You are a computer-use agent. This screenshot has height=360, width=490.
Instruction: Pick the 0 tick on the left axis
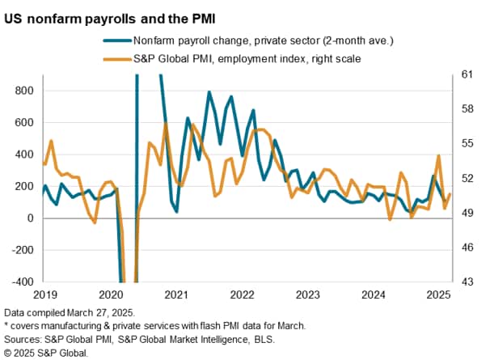pyautogui.click(x=29, y=218)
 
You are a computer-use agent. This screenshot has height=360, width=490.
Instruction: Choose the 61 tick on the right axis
pyautogui.click(x=463, y=74)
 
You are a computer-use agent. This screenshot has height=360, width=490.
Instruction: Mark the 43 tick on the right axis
pyautogui.click(x=463, y=282)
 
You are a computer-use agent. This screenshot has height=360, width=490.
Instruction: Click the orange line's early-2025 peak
pyautogui.click(x=438, y=155)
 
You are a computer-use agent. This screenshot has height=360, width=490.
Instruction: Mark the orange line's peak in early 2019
pyautogui.click(x=51, y=141)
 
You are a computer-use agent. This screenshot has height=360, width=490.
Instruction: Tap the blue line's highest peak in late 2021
pyautogui.click(x=209, y=92)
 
